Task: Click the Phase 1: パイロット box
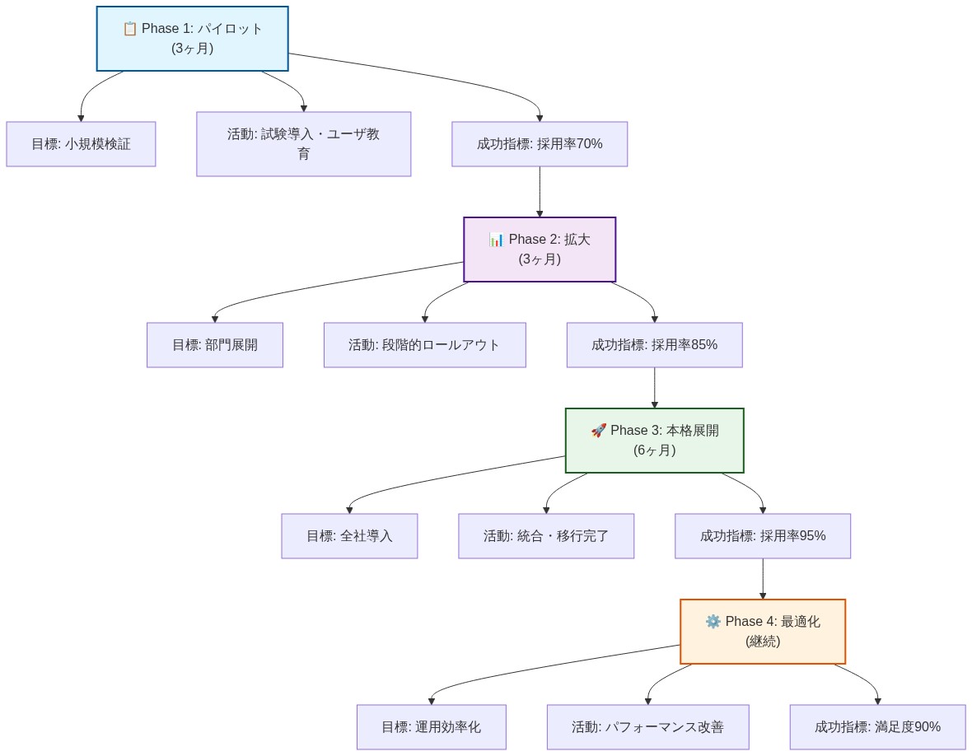pos(192,39)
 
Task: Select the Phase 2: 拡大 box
pos(540,250)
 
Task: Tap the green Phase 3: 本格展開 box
pos(654,441)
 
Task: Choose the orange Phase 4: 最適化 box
pos(762,632)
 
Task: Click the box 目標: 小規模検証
pos(81,144)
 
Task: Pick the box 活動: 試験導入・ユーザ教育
pos(303,144)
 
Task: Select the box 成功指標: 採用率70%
pos(540,144)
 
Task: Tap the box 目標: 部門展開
pos(215,345)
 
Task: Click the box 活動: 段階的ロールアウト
pos(424,345)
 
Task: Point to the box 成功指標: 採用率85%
pos(654,345)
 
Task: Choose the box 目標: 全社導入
pos(349,536)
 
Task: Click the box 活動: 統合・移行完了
pos(546,536)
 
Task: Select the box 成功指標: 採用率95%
pos(762,536)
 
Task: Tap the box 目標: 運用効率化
pos(431,727)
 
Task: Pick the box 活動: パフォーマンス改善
pos(647,727)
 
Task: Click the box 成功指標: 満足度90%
pos(877,727)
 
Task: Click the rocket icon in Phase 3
pos(599,431)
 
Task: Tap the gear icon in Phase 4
pos(713,622)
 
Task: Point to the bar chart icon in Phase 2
pos(497,240)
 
